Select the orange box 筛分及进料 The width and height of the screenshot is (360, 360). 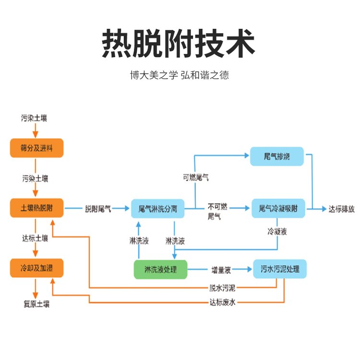pyautogui.click(x=37, y=148)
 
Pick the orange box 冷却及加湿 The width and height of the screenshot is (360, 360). pyautogui.click(x=37, y=268)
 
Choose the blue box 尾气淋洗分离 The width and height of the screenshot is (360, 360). pyautogui.click(x=158, y=209)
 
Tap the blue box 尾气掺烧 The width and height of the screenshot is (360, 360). pyautogui.click(x=277, y=156)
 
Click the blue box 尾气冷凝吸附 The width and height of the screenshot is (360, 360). pyautogui.click(x=278, y=209)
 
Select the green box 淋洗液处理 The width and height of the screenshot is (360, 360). pyautogui.click(x=160, y=270)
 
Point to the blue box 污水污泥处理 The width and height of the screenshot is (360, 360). pyautogui.click(x=280, y=269)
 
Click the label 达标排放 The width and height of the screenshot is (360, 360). pyautogui.click(x=341, y=209)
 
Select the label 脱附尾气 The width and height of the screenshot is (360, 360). pyautogui.click(x=98, y=209)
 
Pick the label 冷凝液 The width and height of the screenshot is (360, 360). pyautogui.click(x=277, y=232)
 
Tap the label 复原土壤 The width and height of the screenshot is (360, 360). pyautogui.click(x=36, y=304)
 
